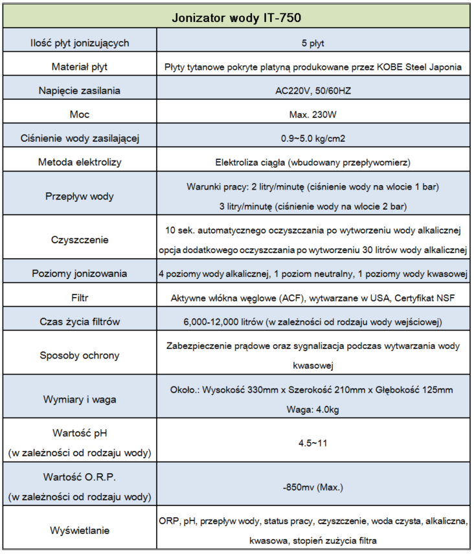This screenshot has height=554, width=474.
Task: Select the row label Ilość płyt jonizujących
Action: [80, 43]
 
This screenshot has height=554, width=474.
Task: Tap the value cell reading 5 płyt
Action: [313, 43]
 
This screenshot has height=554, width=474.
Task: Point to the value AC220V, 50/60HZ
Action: [313, 91]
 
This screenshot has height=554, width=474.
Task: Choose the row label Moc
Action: [80, 115]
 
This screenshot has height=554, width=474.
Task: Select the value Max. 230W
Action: [313, 115]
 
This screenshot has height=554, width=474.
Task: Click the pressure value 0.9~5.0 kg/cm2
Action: [313, 138]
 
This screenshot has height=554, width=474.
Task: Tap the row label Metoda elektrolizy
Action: [80, 162]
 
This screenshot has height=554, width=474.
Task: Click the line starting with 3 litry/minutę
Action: [313, 206]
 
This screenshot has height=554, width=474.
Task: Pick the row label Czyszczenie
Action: [80, 239]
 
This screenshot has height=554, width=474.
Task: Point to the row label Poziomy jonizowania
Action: [80, 274]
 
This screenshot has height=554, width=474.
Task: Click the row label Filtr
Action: [80, 298]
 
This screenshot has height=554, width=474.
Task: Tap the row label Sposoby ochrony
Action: [80, 355]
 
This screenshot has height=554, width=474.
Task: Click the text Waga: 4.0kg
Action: [313, 409]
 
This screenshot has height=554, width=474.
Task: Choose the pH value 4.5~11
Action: [313, 443]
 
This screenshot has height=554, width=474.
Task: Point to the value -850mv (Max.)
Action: [313, 487]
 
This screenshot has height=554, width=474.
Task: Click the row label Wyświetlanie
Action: [80, 530]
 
